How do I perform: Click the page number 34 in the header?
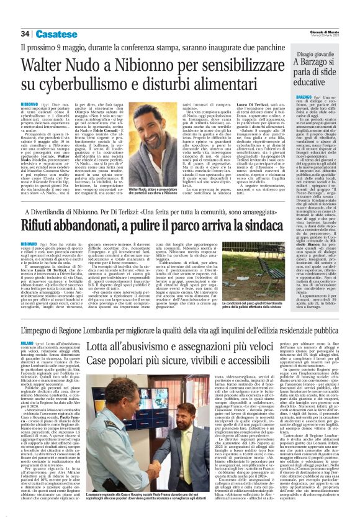(26, 34)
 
